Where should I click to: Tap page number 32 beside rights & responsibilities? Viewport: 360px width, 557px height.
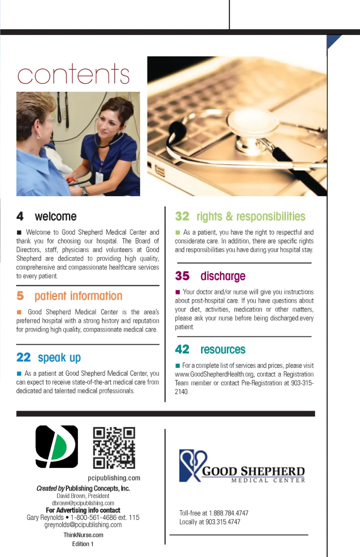[182, 216]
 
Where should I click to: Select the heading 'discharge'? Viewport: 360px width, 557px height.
[223, 276]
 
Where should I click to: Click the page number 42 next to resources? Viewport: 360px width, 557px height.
[182, 349]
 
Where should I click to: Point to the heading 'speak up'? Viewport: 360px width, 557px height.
[59, 358]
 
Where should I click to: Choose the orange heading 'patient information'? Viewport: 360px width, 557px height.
[78, 296]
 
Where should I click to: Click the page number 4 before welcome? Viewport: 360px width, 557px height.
[20, 216]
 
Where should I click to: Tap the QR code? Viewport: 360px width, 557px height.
[114, 448]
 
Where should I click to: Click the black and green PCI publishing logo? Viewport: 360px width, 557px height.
[57, 447]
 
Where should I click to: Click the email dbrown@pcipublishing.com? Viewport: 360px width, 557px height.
[83, 503]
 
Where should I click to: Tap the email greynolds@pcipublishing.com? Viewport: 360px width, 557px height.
[83, 525]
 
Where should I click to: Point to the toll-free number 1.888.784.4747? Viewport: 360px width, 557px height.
[229, 513]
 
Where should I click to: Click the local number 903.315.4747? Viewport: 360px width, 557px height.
[223, 522]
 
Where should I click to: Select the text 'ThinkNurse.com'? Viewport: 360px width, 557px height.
[83, 535]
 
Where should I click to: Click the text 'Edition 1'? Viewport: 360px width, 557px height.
[83, 544]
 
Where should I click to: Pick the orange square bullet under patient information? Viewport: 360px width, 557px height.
[19, 312]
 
